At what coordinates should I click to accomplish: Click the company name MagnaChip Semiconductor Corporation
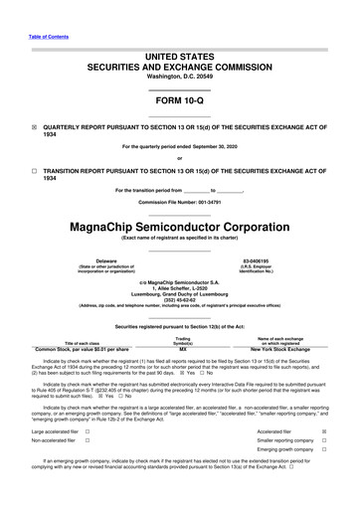pos(180,225)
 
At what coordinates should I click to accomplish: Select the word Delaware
pos(92,260)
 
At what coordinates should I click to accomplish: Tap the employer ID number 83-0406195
pos(270,260)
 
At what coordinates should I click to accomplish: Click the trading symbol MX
pos(182,350)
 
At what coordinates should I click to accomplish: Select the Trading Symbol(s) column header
pos(182,341)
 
